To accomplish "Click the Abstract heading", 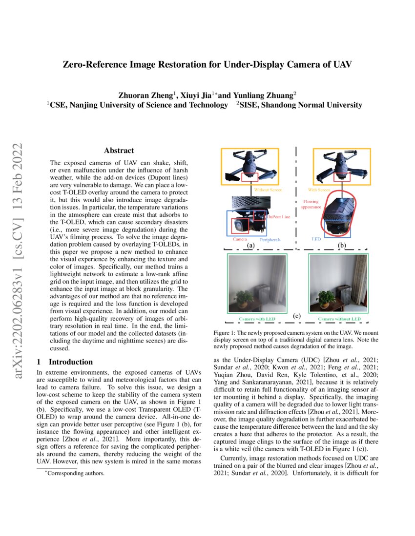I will [x=119, y=151].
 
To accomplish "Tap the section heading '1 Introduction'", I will [x=65, y=362].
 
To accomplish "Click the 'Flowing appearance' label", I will [x=311, y=203].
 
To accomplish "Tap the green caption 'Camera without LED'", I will [x=339, y=319].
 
